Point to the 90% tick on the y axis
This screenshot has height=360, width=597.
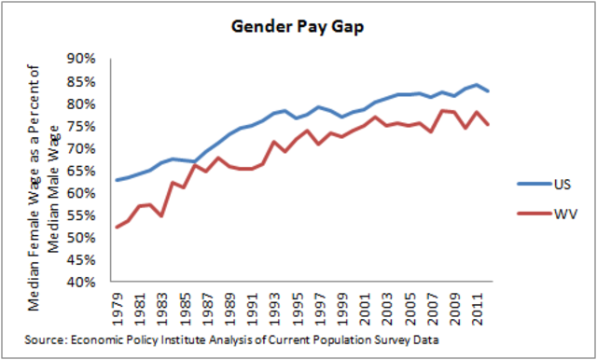coord(85,59)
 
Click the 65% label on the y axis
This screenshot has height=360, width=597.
coord(85,171)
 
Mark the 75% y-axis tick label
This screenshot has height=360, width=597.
coord(85,126)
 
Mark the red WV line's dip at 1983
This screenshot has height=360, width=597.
coord(161,215)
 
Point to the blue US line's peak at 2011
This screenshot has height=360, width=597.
coord(477,85)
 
